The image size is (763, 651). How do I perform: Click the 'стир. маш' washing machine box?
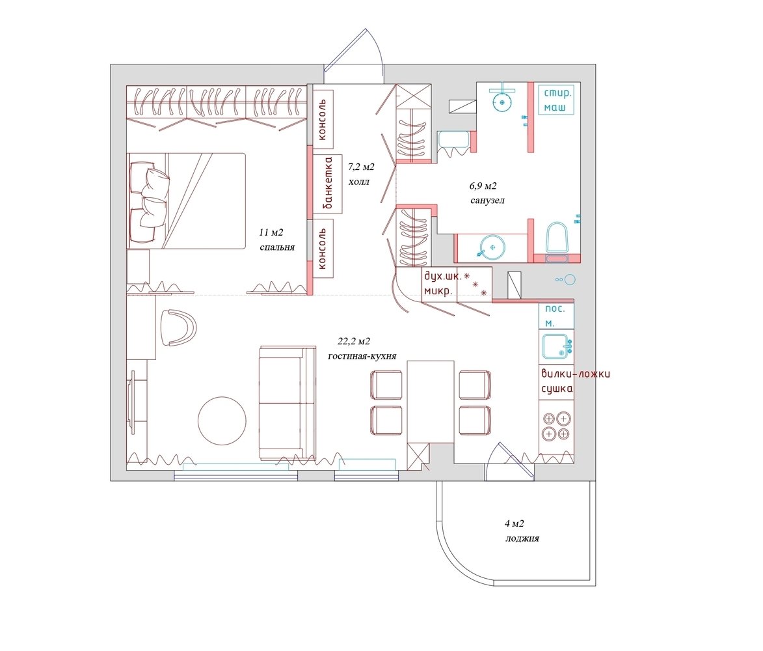[556, 100]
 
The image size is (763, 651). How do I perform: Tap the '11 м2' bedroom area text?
[271, 233]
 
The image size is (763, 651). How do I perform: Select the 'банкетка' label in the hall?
[328, 184]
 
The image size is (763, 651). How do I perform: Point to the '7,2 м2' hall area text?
[361, 167]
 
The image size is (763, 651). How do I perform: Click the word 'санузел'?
[487, 200]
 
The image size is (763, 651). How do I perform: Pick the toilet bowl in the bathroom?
[557, 238]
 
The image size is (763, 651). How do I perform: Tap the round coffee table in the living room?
[222, 421]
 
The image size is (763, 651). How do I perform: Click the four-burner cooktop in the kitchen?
[556, 426]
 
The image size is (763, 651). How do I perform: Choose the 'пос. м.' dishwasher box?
[556, 316]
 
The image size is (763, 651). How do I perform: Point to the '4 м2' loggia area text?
[515, 524]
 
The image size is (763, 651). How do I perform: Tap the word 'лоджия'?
[522, 538]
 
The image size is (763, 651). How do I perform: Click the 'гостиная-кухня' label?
[362, 356]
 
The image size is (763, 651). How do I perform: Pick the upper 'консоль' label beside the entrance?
[322, 119]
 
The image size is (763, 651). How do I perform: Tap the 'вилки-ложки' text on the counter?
[576, 374]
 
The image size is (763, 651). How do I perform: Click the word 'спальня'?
[277, 247]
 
